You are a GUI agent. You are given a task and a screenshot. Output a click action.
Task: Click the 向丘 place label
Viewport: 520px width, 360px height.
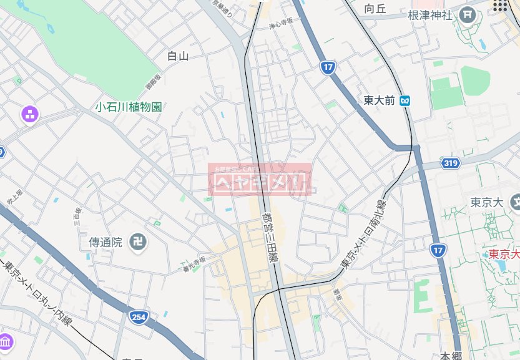point(376,9)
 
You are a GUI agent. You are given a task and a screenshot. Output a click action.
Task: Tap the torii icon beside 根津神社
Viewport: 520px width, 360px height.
point(468,14)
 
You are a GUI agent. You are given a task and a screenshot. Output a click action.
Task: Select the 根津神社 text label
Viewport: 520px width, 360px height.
point(429,15)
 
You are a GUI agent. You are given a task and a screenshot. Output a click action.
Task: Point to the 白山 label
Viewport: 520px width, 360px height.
point(178,56)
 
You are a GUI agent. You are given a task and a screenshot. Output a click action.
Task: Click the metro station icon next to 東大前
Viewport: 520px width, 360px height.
point(406,100)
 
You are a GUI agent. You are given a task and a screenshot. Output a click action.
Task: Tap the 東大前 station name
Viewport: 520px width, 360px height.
point(380,100)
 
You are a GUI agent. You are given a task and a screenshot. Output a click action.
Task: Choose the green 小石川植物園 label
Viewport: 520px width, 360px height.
point(129,107)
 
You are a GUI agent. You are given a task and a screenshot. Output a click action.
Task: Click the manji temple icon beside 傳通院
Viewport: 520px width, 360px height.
point(138,241)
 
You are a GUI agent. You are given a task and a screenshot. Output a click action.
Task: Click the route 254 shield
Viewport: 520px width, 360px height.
point(139,318)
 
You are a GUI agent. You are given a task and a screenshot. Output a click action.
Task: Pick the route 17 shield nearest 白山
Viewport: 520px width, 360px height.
point(328,67)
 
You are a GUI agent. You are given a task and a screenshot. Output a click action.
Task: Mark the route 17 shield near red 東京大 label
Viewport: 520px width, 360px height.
point(438,251)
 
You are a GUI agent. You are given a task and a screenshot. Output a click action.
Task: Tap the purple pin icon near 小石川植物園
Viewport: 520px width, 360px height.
point(30,114)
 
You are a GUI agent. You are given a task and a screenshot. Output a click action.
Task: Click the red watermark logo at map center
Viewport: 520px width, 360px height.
point(259,179)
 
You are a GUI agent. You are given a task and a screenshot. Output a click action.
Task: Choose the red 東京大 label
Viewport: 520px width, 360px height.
point(503,254)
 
